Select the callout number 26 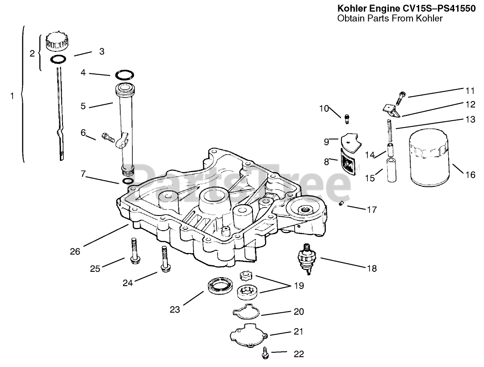click(75, 252)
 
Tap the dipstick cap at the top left click(56, 42)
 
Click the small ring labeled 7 click(127, 181)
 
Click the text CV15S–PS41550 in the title click(440, 8)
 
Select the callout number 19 click(299, 286)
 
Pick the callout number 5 click(83, 106)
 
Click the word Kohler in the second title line click(429, 18)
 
